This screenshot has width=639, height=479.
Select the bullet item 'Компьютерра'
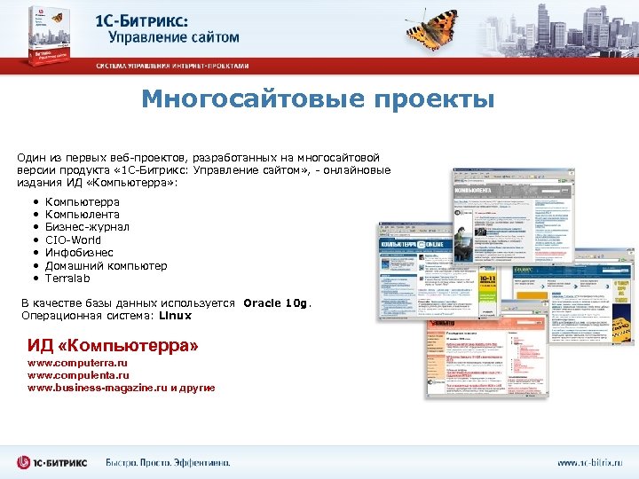click(x=83, y=202)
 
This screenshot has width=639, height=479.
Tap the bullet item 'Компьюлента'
click(x=83, y=215)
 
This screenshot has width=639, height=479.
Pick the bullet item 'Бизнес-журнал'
click(x=87, y=227)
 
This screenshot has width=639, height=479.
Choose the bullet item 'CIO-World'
click(x=73, y=239)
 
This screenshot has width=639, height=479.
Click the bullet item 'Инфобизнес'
click(x=79, y=253)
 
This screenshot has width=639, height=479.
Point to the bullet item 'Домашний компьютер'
click(x=106, y=265)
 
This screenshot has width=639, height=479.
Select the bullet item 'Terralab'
click(x=67, y=278)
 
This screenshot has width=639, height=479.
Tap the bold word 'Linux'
click(x=175, y=316)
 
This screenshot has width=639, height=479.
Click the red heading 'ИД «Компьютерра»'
click(x=113, y=344)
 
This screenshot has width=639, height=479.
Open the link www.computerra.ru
click(x=78, y=364)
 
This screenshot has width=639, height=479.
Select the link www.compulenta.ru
click(x=78, y=376)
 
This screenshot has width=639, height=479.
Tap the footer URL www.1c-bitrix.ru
click(x=590, y=463)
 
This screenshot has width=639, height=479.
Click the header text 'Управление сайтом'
click(x=174, y=37)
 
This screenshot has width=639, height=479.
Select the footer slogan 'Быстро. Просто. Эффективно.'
click(x=168, y=463)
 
